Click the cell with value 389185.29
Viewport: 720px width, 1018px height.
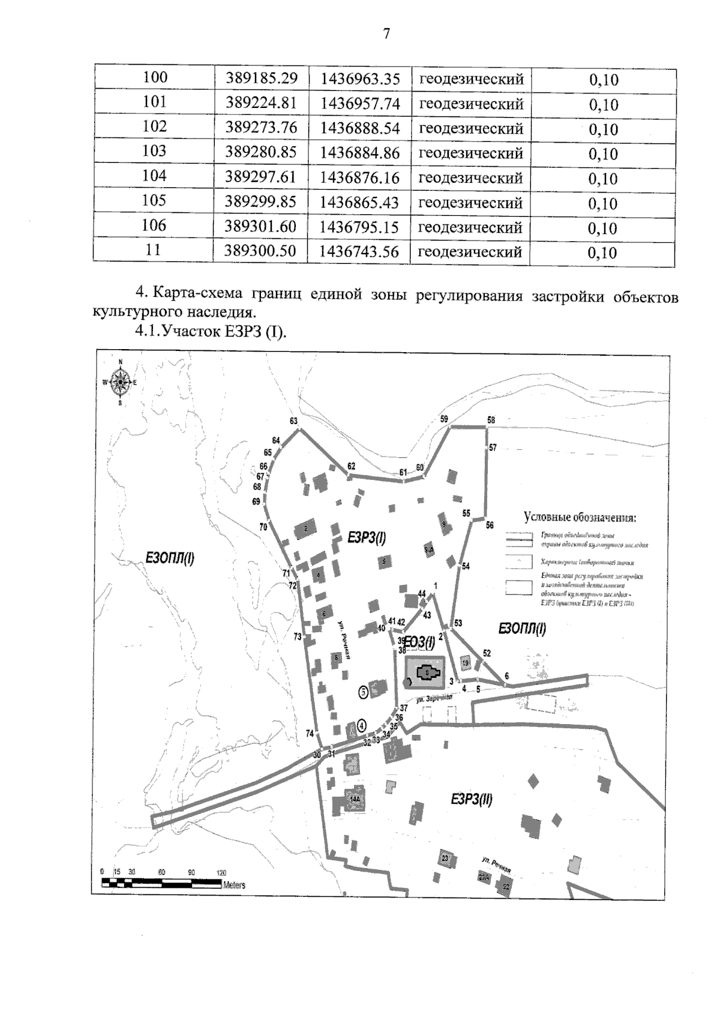(261, 78)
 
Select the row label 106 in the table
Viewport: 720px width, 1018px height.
(154, 225)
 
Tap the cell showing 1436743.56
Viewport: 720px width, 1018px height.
(359, 251)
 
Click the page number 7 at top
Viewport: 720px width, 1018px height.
(386, 34)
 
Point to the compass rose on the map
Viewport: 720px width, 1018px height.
(121, 382)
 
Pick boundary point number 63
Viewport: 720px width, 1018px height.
(294, 421)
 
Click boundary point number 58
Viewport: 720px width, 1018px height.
(491, 420)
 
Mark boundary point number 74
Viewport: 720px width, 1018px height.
(310, 733)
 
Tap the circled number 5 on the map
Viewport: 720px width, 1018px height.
(363, 692)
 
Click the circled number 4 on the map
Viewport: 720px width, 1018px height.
(361, 725)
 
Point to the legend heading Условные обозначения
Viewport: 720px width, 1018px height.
(580, 518)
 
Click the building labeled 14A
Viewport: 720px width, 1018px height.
(354, 799)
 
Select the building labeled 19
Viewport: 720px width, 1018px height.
(466, 663)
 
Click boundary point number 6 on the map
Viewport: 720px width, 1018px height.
(507, 676)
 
